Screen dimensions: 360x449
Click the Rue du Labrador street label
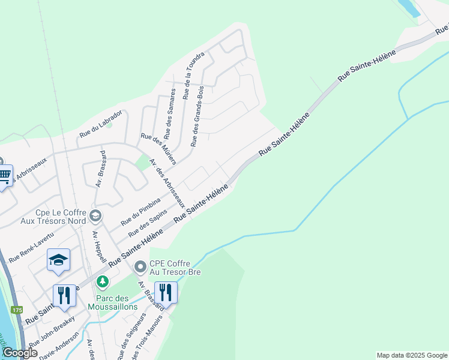pyautogui.click(x=101, y=123)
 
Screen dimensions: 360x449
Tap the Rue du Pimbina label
pyautogui.click(x=140, y=211)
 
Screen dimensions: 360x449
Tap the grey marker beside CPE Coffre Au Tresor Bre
pyautogui.click(x=140, y=266)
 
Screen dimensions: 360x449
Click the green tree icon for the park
pyautogui.click(x=103, y=281)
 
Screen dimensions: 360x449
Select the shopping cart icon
pyautogui.click(x=5, y=176)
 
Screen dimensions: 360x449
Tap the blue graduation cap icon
pyautogui.click(x=58, y=259)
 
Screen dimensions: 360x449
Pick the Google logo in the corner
pyautogui.click(x=20, y=353)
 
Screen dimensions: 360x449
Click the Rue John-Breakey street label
pyautogui.click(x=52, y=331)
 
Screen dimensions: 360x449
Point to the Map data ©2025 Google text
pyautogui.click(x=412, y=355)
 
